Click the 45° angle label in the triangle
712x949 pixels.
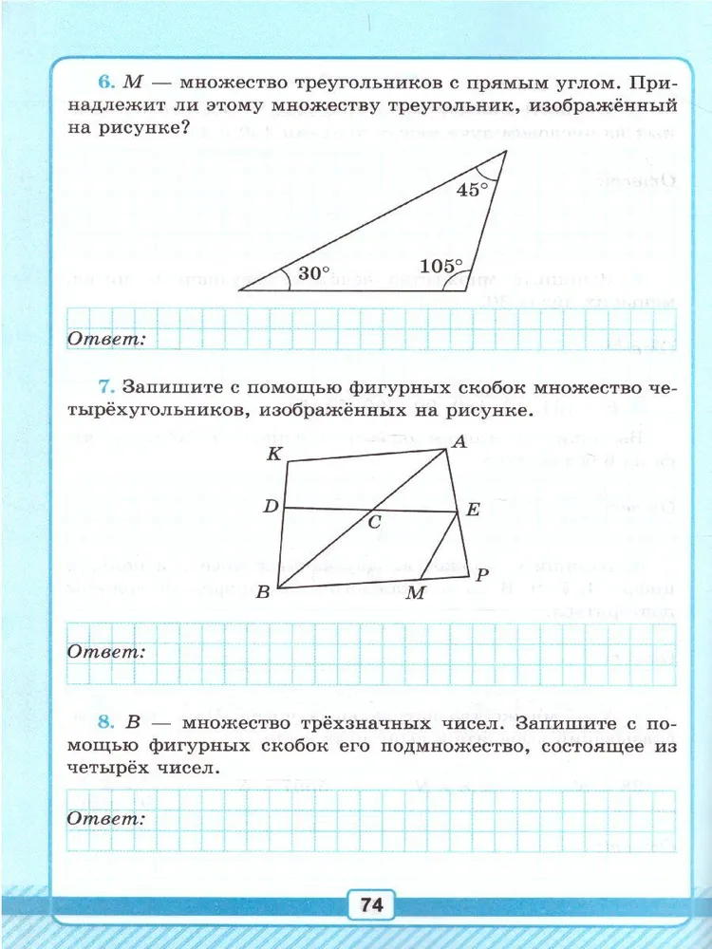point(472,189)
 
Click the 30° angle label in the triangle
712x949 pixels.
point(313,272)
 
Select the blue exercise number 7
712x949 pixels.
point(105,387)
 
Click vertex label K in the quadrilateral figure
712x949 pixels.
point(273,454)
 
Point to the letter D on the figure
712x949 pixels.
point(271,508)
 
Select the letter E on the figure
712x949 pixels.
point(473,510)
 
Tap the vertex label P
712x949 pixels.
point(482,574)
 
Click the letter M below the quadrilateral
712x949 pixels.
point(415,593)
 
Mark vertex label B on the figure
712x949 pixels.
point(263,593)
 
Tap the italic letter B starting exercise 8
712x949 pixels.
point(133,724)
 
